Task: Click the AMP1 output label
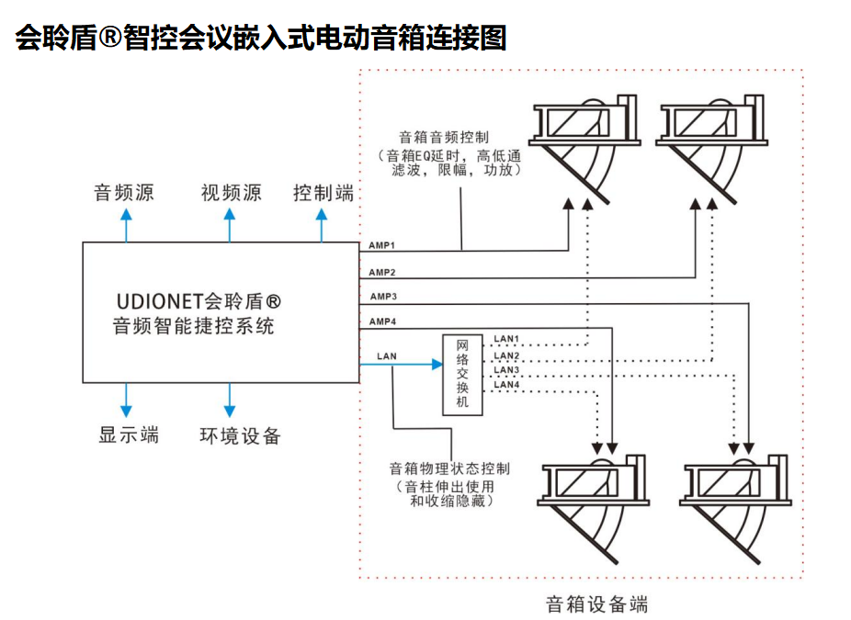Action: (381, 245)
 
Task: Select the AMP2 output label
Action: (381, 273)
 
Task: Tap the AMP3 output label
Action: (382, 297)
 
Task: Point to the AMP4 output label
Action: (382, 321)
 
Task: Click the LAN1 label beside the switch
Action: (507, 340)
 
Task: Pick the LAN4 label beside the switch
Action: (507, 385)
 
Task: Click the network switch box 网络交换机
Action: (462, 375)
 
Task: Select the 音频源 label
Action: (124, 193)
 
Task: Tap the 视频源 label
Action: (231, 193)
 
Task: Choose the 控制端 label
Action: (323, 193)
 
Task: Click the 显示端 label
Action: (129, 434)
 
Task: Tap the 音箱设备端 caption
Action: (596, 604)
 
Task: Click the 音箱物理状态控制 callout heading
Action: (449, 468)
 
